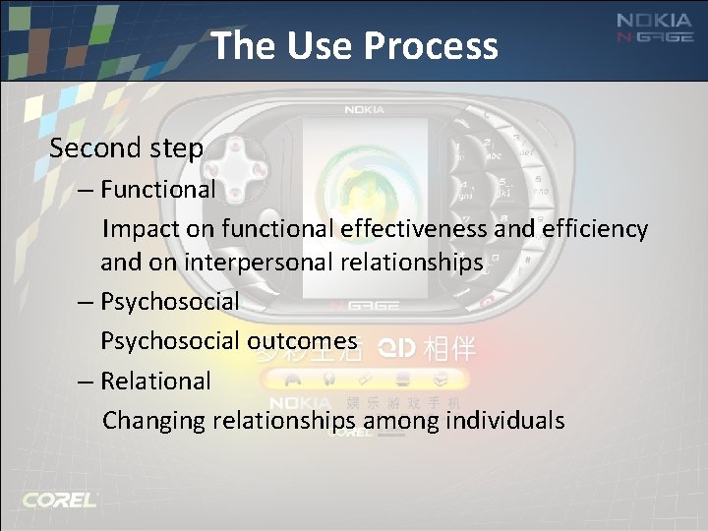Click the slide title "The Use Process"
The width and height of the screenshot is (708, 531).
[x=354, y=45]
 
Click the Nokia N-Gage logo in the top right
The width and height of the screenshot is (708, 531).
[x=654, y=28]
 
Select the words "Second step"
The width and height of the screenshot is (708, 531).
[x=126, y=148]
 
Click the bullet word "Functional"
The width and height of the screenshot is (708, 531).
[x=157, y=189]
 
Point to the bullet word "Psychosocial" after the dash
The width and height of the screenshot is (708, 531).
[x=169, y=301]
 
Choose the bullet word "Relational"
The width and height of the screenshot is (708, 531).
[x=155, y=381]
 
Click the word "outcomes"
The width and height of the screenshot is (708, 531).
[x=302, y=340]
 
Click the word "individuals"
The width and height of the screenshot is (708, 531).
[x=505, y=421]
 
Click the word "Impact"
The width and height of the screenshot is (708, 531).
[x=136, y=229]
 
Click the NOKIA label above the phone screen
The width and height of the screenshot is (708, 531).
[x=364, y=110]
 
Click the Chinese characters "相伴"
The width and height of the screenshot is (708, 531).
[x=449, y=347]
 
